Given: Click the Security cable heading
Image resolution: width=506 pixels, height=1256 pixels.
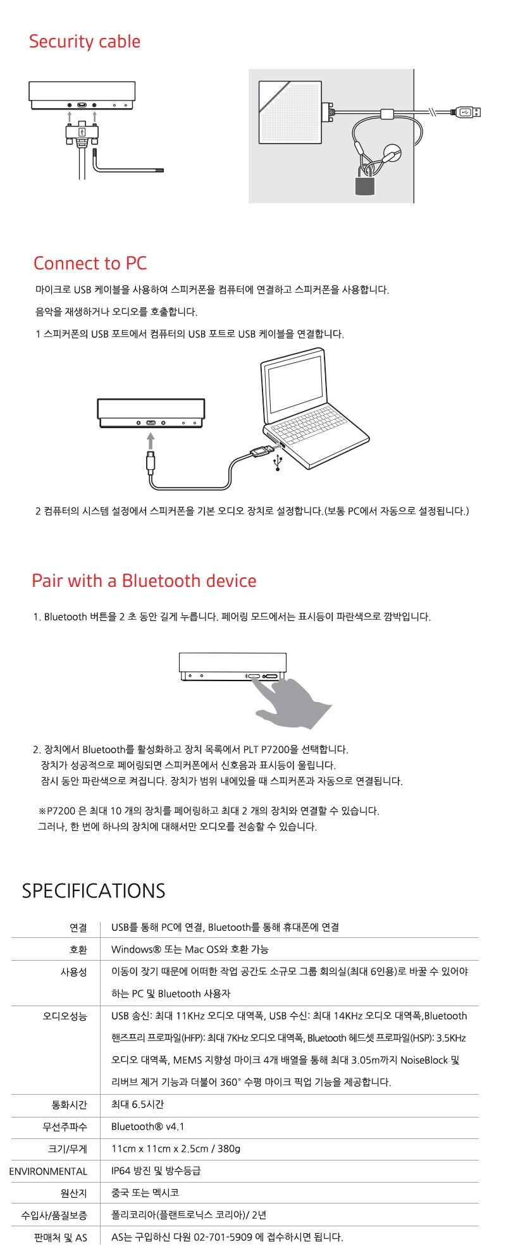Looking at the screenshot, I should [85, 42].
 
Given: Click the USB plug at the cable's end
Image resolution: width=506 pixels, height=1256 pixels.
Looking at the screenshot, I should [469, 112].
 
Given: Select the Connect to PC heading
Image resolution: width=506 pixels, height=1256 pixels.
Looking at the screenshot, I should [90, 263].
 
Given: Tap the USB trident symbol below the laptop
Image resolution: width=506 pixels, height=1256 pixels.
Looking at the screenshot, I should [277, 464].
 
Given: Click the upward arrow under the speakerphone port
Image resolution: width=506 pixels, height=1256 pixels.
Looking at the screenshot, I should [151, 440].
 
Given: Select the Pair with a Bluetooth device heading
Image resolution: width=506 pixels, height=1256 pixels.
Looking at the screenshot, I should [144, 581].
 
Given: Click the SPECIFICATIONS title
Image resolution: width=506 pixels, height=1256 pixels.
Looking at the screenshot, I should [94, 890].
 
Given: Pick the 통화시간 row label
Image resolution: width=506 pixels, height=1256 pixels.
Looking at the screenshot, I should [70, 1104].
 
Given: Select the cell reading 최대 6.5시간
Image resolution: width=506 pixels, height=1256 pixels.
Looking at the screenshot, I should [137, 1104].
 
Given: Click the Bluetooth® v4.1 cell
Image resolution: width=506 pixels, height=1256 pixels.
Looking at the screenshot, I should [148, 1126].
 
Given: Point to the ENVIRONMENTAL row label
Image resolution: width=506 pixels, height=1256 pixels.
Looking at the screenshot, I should [48, 1171].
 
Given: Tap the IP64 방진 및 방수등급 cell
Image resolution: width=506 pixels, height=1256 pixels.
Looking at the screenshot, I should [156, 1171].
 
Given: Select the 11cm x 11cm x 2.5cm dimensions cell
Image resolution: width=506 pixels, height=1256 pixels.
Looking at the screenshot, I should [176, 1148].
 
